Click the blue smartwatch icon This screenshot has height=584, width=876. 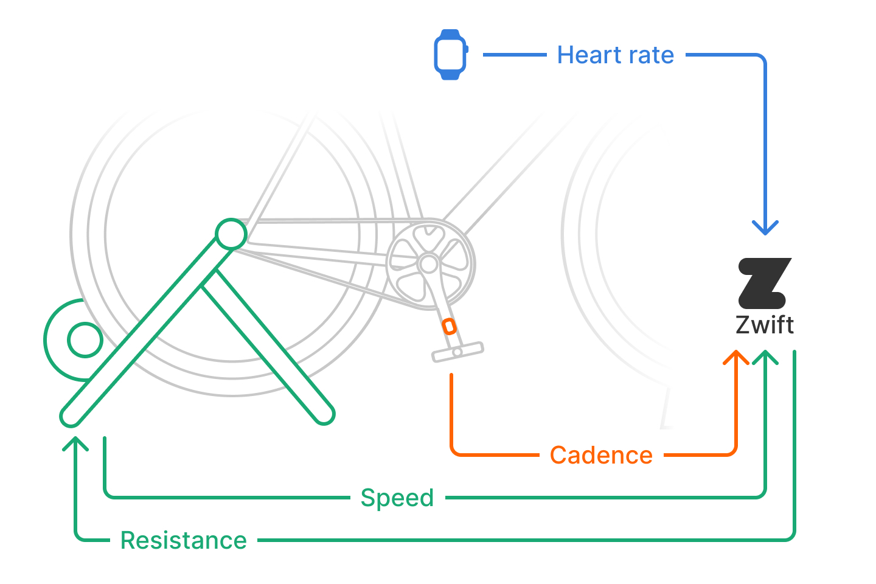451,55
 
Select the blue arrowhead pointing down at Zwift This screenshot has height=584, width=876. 765,228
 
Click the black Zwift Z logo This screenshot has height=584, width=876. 765,283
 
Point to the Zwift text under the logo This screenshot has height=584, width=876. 765,325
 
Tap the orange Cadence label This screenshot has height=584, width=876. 601,455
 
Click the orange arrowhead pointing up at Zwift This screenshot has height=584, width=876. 736,357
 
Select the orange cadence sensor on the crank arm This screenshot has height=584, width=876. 449,327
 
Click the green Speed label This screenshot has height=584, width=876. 397,498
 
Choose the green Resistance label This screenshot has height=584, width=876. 184,541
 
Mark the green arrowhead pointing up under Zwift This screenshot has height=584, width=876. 765,357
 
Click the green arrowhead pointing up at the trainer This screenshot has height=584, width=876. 75,444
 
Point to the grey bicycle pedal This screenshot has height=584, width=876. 457,352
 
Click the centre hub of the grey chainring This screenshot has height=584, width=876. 429,264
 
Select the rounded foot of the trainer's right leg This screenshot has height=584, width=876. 324,414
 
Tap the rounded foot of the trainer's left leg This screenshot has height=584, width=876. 71,416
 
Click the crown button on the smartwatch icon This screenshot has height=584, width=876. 467,49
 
